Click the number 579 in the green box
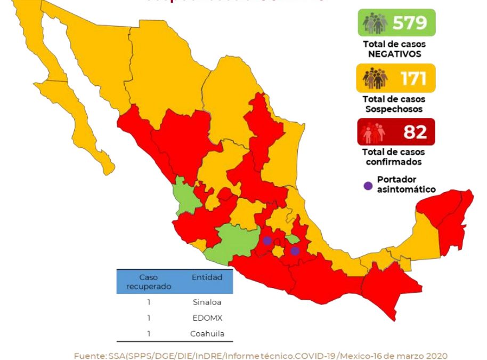pyautogui.click(x=410, y=23)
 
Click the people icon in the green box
pyautogui.click(x=375, y=23)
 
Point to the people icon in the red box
pyautogui.click(x=375, y=132)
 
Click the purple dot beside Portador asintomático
pyautogui.click(x=368, y=186)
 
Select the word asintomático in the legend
pyautogui.click(x=407, y=189)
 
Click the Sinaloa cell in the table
pyautogui.click(x=206, y=301)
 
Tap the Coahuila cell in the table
pyautogui.click(x=206, y=334)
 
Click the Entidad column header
pyautogui.click(x=206, y=277)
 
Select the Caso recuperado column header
pyautogui.click(x=149, y=282)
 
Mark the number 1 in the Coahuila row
pyautogui.click(x=149, y=334)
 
